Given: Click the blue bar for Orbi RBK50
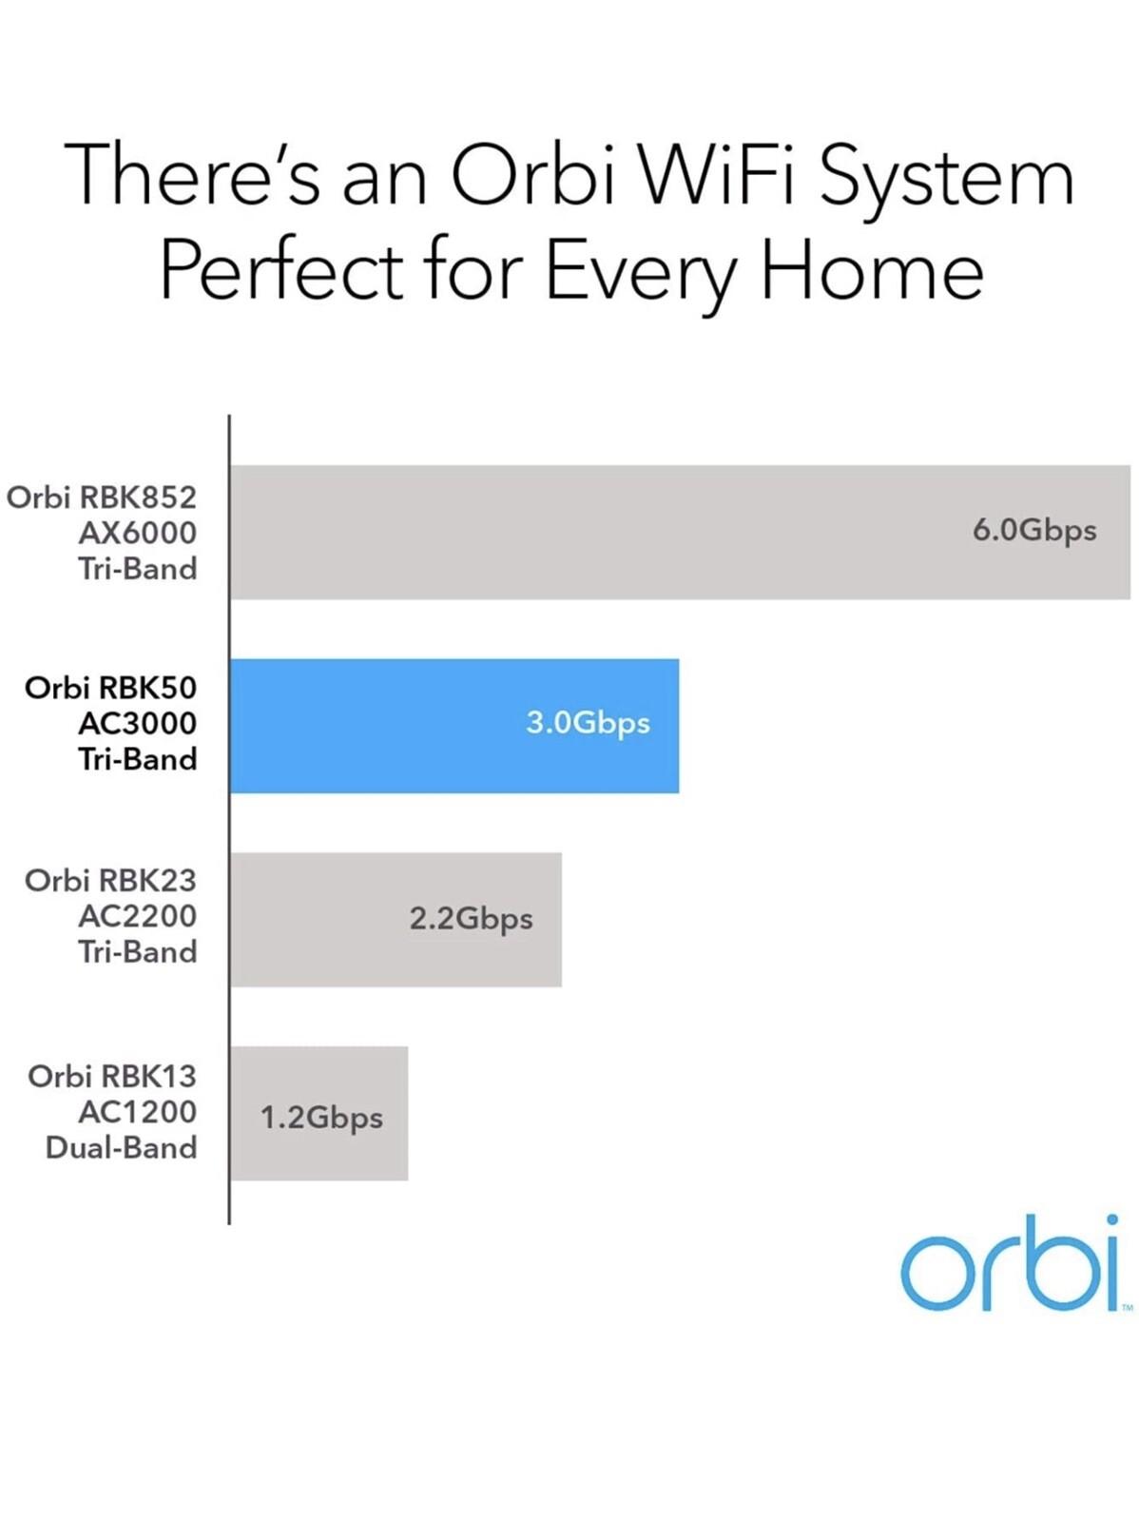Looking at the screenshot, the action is click(x=454, y=725).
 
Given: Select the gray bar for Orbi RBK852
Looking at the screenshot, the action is click(x=681, y=532).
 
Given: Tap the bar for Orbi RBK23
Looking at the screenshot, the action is click(x=396, y=920).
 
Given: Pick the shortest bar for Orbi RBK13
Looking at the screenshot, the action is click(x=319, y=1113).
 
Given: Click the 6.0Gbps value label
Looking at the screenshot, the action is click(x=1034, y=532).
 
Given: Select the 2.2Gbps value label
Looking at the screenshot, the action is click(x=472, y=920).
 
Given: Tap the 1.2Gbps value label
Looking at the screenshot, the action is click(x=321, y=1119).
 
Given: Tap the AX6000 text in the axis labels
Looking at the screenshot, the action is click(x=137, y=533).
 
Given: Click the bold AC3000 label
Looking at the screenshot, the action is click(x=137, y=723).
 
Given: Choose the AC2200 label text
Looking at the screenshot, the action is click(x=137, y=916).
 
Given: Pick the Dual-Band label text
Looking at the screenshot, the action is click(x=122, y=1147).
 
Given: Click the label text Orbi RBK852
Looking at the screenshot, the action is click(x=102, y=498).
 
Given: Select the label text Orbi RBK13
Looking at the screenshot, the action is click(x=112, y=1076).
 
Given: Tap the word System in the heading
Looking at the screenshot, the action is click(x=947, y=178).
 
